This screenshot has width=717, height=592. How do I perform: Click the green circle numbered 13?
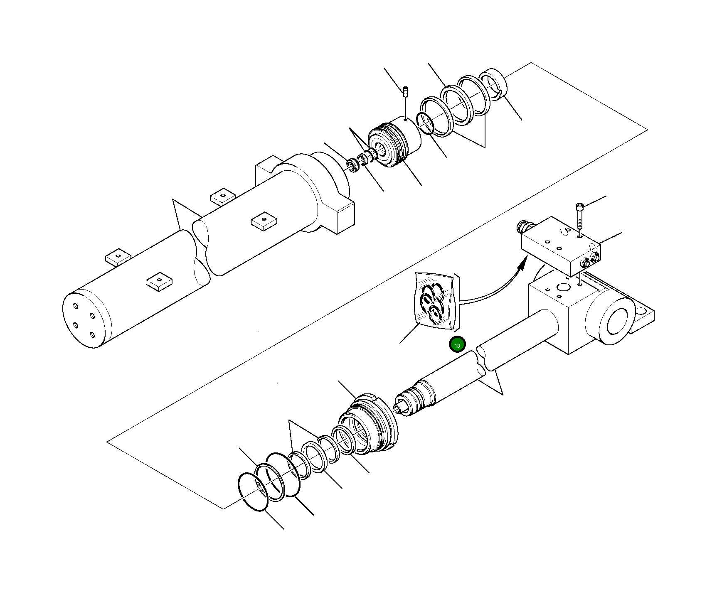click(457, 345)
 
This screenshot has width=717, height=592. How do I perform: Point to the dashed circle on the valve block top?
click(564, 231)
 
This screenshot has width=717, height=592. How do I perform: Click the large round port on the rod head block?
click(564, 287)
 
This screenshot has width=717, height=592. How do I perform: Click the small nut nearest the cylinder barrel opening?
click(352, 165)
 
